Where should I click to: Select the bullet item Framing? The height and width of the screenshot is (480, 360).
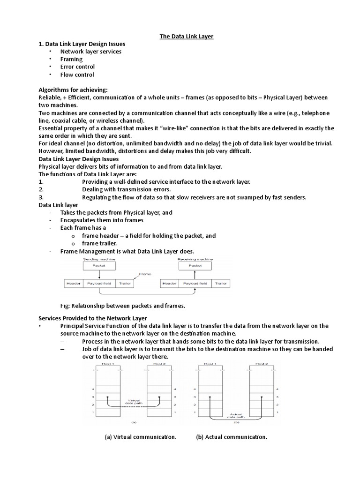coord(71,59)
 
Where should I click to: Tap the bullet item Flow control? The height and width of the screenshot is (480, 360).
coord(77,75)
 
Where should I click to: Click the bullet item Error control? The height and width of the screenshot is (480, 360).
coord(77,67)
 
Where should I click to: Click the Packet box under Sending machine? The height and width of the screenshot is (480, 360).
coord(99,266)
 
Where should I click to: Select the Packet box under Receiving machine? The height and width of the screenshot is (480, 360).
coord(195,266)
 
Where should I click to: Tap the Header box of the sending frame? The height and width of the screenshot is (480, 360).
coord(73,284)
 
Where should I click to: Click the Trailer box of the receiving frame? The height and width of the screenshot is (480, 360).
coord(220,284)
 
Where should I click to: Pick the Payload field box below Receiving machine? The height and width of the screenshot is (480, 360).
coord(195,284)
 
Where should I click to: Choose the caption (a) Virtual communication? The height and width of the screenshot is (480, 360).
coord(140,437)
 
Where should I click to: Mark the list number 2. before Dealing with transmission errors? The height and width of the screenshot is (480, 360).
coord(41,189)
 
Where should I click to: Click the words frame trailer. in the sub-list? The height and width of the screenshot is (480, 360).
coord(99,243)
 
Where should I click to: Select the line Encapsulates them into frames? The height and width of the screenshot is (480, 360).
coord(102,220)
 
